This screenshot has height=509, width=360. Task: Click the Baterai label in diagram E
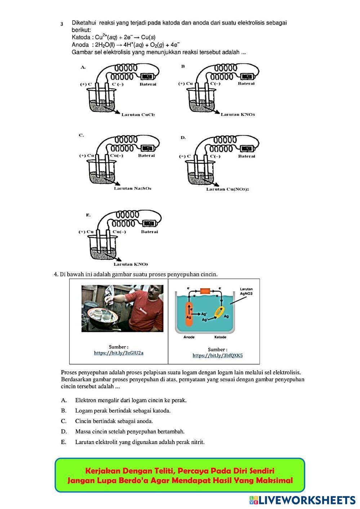click(x=150, y=232)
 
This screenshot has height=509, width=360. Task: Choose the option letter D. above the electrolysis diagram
click(x=183, y=138)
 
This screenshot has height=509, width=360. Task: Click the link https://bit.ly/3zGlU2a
click(x=119, y=353)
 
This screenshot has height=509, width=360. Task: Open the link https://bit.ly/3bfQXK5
click(x=217, y=356)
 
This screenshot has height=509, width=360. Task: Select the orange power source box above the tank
click(x=205, y=290)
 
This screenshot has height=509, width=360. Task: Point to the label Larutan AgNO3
click(x=246, y=291)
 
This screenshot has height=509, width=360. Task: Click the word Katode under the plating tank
click(x=220, y=337)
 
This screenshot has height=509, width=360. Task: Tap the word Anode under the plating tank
click(x=189, y=337)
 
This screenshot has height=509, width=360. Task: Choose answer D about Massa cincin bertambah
click(x=130, y=431)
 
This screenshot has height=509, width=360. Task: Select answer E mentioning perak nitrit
click(x=139, y=442)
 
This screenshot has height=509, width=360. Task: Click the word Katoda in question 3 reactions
click(x=81, y=37)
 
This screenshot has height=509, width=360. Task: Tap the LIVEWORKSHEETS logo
click(x=302, y=500)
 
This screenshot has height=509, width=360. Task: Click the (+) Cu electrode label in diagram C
click(x=86, y=156)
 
